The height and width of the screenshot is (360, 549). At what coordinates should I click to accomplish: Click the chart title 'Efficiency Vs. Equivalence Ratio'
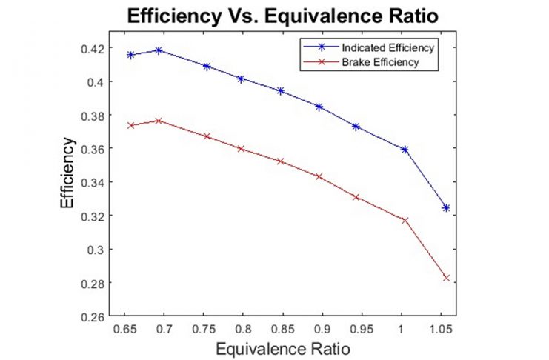[x=274, y=15]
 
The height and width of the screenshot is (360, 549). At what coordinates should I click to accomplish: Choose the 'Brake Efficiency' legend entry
[x=381, y=62]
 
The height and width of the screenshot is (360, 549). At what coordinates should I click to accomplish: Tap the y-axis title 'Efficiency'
[x=67, y=175]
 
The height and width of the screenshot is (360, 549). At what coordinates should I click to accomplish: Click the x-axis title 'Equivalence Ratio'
[x=279, y=347]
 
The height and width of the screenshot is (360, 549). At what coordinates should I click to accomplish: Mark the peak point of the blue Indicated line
[x=159, y=50]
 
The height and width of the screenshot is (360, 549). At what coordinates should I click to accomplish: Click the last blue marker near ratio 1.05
[x=446, y=208]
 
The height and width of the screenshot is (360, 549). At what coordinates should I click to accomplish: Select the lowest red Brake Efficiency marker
[x=446, y=278]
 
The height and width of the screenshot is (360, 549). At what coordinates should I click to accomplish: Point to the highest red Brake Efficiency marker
[x=159, y=121]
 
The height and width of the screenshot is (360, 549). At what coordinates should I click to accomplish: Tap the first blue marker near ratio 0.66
[x=130, y=55]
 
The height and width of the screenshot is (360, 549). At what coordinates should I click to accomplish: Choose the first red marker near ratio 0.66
[x=130, y=125]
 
